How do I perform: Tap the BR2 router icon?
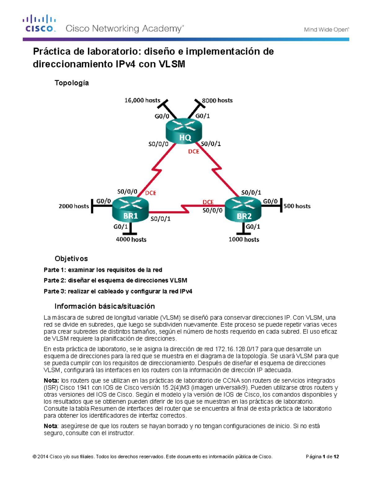(243, 210)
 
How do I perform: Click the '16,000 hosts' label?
(142, 100)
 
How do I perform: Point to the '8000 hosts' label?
(217, 100)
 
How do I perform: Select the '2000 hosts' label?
(74, 206)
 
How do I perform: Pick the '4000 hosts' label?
(131, 239)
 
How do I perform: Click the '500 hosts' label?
(297, 206)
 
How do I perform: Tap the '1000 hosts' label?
(244, 239)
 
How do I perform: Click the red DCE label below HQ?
(194, 151)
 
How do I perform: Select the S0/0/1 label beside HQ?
(211, 144)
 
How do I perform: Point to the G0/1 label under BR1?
(121, 227)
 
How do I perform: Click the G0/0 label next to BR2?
(270, 201)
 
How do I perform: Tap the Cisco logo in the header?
(39, 24)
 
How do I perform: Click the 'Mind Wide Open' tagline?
(326, 30)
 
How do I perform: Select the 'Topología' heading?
(72, 83)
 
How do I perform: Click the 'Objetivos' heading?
(71, 259)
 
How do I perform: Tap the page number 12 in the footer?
(336, 457)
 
